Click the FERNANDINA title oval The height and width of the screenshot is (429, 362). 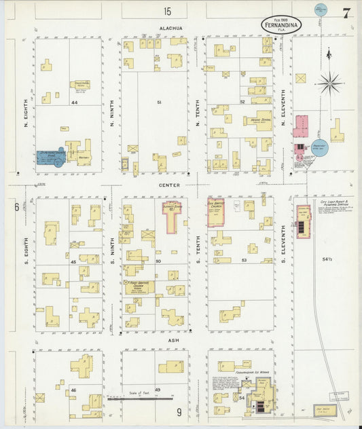pyautogui.click(x=280, y=24)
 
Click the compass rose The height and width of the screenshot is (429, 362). pyautogui.click(x=330, y=83)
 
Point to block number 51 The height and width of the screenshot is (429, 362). pyautogui.click(x=159, y=102)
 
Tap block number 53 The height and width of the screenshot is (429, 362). pyautogui.click(x=243, y=260)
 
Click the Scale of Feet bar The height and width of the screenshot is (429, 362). pyautogui.click(x=139, y=398)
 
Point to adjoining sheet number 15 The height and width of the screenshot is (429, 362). pyautogui.click(x=167, y=10)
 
